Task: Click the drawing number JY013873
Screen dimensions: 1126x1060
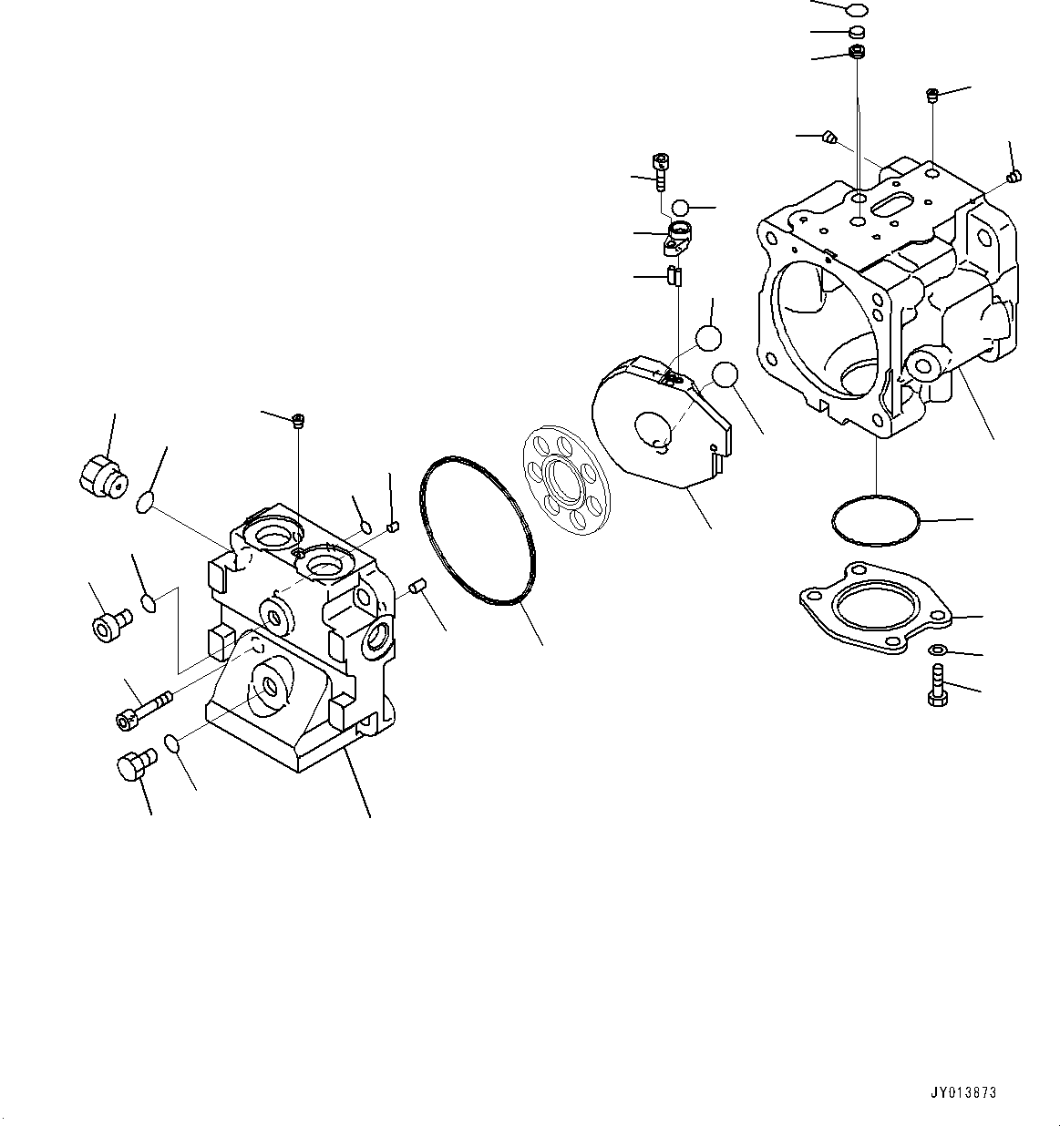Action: [x=962, y=1092]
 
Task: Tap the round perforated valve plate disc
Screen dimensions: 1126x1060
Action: [x=564, y=478]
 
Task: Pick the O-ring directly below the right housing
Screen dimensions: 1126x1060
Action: [x=875, y=521]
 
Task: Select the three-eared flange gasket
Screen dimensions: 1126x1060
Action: [x=875, y=607]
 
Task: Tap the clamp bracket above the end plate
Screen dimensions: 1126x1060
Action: [x=677, y=238]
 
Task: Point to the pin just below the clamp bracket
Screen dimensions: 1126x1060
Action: [x=675, y=275]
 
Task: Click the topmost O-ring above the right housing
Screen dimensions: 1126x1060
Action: [x=855, y=10]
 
